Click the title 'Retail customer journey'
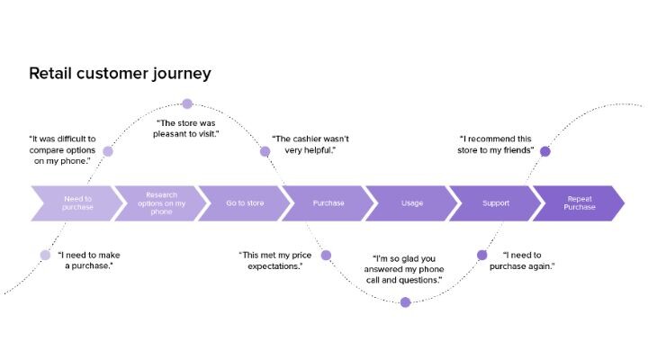(120, 73)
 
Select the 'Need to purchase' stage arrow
(77, 202)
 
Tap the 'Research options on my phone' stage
(161, 202)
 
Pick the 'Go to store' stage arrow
(244, 202)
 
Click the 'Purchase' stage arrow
(328, 202)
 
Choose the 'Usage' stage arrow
(411, 202)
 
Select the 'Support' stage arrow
(495, 202)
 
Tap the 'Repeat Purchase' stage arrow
(579, 202)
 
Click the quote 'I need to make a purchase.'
(90, 260)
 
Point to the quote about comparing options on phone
(61, 150)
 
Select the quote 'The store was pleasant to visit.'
(188, 128)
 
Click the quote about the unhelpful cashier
(310, 145)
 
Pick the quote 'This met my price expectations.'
(271, 260)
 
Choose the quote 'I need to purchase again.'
(528, 260)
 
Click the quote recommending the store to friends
(496, 145)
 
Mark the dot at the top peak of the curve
(187, 104)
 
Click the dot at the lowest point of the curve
(405, 302)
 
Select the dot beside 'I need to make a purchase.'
(45, 255)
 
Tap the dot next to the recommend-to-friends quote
(544, 151)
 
